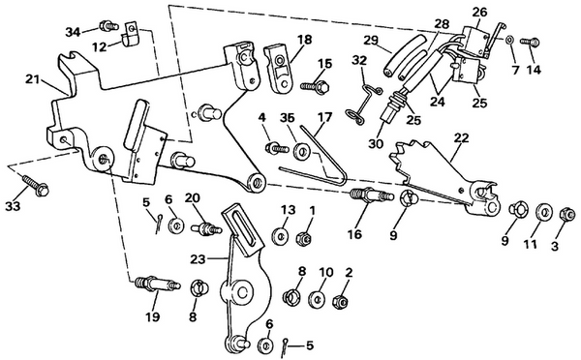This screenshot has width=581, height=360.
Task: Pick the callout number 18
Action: pos(305,40)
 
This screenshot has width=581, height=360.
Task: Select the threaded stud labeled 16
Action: pos(363,198)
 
